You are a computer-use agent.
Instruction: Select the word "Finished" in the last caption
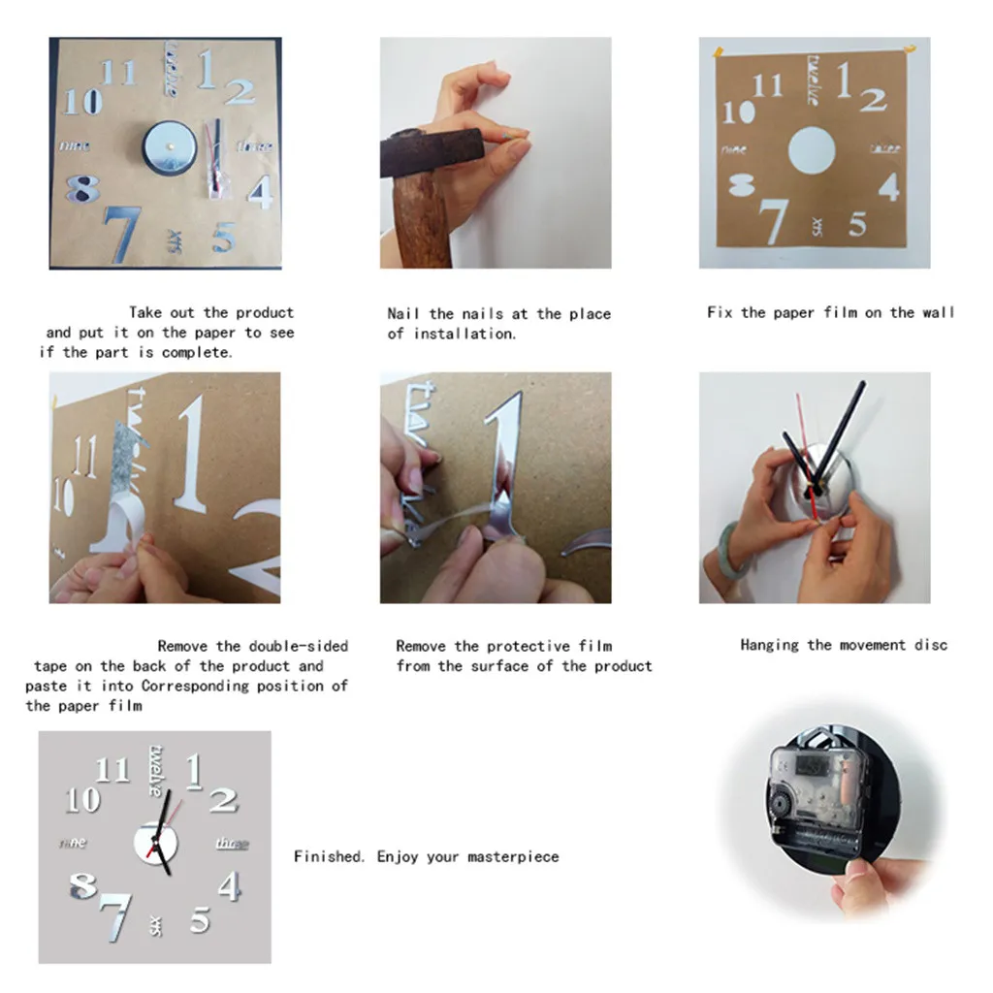pos(329,856)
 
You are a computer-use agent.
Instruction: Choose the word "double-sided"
pos(298,646)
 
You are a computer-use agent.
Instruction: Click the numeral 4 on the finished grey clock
pos(230,886)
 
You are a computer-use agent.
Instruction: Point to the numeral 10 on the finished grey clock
pos(82,800)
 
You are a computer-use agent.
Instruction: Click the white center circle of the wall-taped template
pos(811,151)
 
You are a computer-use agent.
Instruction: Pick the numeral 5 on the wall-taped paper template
pos(857,223)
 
